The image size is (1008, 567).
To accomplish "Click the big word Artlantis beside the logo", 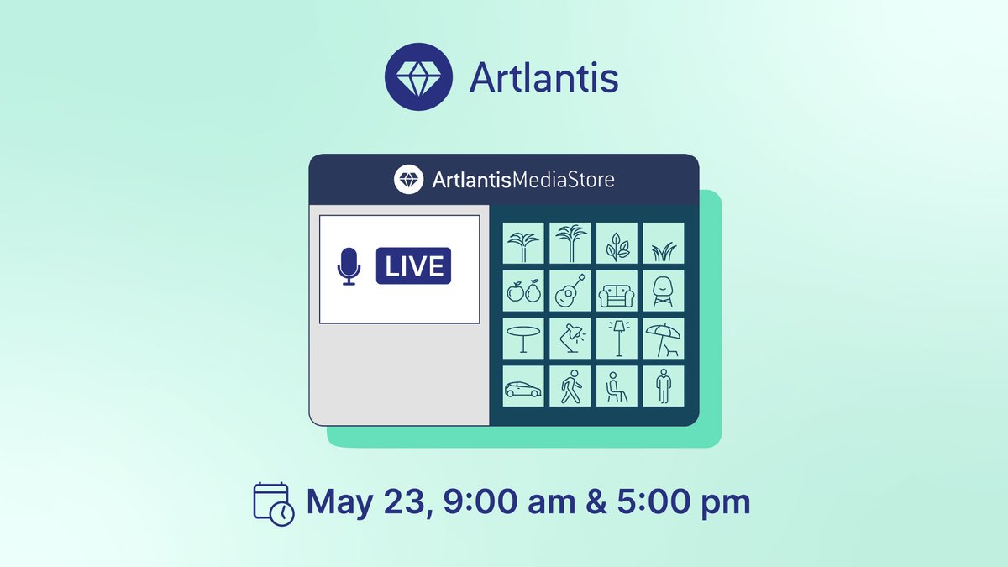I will point(543,79).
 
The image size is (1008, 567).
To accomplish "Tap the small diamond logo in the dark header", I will point(409,179).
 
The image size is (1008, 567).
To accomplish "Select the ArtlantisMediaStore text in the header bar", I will point(523,180).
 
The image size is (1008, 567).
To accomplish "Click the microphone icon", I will point(349,266).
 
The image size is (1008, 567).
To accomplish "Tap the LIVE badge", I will point(413,266).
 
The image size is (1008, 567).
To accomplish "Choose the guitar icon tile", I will point(570,291).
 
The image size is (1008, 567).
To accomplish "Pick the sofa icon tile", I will point(617,291).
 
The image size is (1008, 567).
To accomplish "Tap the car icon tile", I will point(522,386).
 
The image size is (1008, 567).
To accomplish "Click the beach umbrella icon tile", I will point(664,339).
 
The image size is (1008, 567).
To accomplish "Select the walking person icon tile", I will point(570,386).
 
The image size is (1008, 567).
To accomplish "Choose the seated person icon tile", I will point(617,386).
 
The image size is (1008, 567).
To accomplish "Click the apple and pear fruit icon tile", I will point(522,291).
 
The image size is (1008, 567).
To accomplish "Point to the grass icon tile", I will point(664,244).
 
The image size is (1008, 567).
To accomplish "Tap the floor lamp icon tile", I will point(617,339).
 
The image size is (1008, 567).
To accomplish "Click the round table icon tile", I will point(522,339).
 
